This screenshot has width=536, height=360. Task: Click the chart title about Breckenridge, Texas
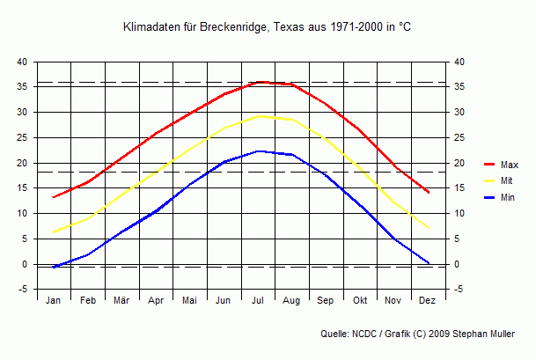point(267,28)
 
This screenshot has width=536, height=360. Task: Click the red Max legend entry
point(509,165)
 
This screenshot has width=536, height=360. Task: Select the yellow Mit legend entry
point(507,181)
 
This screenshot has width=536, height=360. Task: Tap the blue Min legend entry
point(508,198)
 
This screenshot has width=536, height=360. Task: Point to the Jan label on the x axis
point(54,300)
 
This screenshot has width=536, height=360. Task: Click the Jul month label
point(258,300)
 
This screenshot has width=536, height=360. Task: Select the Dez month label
point(428,300)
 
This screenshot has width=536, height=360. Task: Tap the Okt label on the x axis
point(360,300)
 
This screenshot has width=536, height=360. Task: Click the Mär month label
point(121,300)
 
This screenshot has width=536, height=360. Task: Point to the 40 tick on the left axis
point(23,62)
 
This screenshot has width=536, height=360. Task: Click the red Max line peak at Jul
point(258,82)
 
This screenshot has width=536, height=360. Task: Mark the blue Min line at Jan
point(54,267)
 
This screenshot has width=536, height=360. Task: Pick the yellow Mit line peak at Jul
point(258,115)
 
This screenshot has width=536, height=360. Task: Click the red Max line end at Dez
point(428,192)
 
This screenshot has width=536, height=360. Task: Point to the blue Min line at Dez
point(428,262)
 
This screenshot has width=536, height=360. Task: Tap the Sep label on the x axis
point(326,300)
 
